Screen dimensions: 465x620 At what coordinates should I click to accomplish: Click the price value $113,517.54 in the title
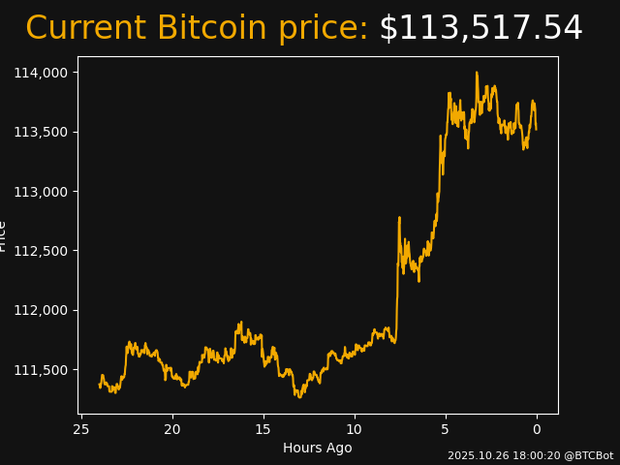480,29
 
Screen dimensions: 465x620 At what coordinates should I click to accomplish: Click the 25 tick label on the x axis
81,429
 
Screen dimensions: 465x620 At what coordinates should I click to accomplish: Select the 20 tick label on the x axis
172,429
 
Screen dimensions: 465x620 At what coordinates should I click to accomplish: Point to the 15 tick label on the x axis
263,429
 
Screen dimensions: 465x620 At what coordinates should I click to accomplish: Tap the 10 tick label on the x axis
355,429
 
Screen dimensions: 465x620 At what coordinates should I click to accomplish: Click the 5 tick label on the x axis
446,429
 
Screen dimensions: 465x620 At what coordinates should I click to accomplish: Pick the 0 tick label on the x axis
537,429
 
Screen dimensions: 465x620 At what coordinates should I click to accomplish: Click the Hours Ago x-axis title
318,448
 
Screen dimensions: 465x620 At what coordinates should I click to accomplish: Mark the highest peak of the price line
477,73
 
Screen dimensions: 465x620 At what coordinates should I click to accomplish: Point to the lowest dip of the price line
299,397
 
